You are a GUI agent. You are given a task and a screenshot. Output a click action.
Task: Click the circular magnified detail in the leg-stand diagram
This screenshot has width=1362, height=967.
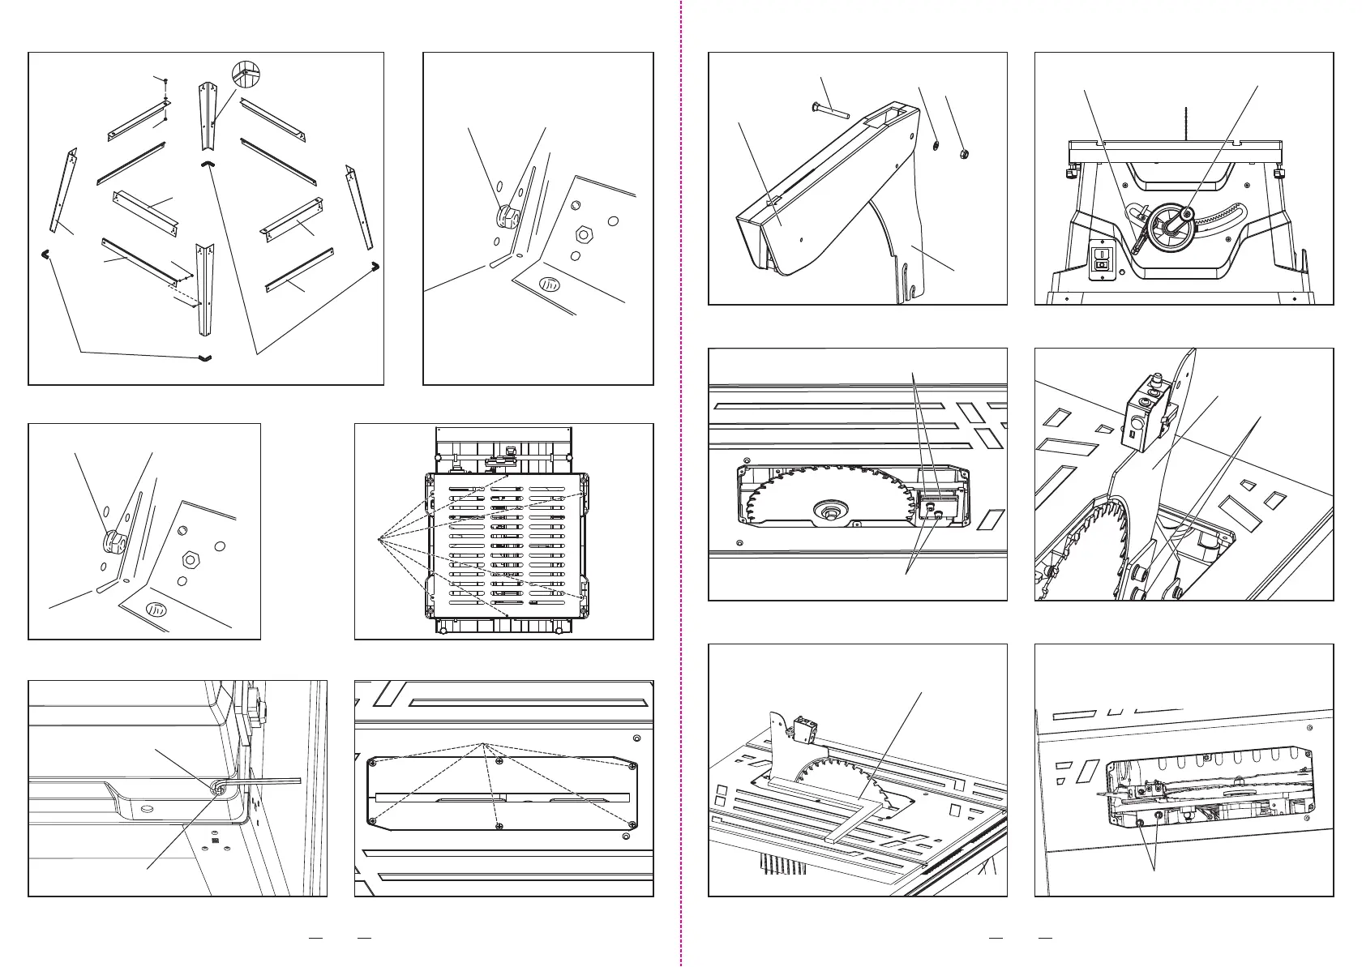247,75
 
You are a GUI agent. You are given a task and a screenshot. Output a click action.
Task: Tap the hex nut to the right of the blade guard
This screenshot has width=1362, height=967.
965,153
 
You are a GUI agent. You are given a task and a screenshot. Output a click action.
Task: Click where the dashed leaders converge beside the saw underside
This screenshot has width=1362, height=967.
379,537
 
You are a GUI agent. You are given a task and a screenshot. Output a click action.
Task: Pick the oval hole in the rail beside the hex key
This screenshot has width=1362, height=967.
147,808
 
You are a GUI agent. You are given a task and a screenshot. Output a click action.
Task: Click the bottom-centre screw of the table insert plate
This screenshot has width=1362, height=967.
496,825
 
